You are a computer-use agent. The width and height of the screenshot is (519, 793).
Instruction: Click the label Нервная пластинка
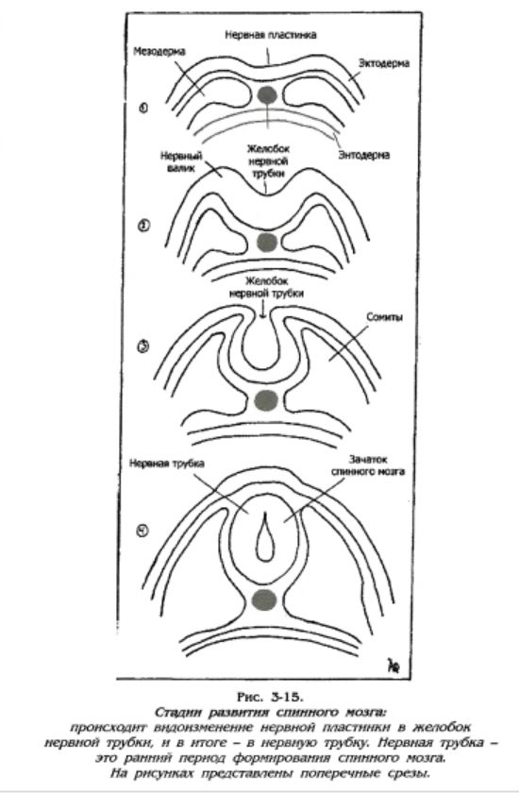coord(271,35)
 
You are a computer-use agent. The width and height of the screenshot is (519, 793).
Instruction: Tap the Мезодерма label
coord(159,52)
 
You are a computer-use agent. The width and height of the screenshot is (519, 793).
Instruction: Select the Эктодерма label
coord(384,64)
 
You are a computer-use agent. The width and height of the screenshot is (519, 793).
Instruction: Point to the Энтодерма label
coord(364,155)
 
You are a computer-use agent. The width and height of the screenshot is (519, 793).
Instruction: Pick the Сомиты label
coord(385,317)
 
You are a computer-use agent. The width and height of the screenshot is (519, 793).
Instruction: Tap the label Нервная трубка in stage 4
coord(167,464)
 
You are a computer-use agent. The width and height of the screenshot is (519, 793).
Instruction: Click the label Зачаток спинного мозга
coord(368,465)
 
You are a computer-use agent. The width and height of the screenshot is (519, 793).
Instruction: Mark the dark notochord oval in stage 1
coord(267,94)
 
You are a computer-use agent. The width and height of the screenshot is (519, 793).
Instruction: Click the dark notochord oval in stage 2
coord(267,242)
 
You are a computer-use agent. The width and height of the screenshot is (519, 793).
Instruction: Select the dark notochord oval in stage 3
coord(266,400)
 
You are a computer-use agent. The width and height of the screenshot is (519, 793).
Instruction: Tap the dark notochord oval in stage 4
coord(264,599)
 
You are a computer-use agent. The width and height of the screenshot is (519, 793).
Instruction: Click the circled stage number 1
coord(144,108)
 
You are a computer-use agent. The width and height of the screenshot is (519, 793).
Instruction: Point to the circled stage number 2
coord(144,226)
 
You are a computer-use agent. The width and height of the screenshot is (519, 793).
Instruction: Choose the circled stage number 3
coord(143,346)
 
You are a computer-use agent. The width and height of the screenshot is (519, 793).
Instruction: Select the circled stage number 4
coord(143,531)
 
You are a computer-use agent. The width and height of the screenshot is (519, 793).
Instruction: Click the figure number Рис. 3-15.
coord(270,697)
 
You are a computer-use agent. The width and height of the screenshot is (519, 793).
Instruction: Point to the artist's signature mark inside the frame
coord(393,666)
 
